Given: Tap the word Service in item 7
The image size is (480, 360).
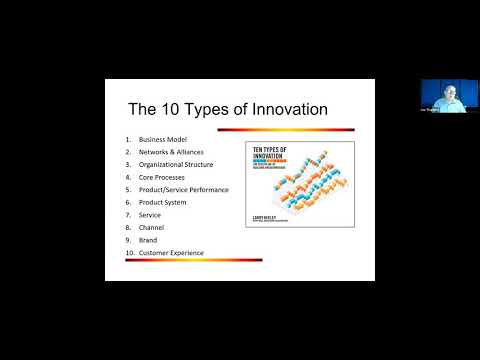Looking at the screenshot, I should pos(150,215).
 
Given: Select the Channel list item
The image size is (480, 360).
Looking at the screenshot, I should pos(152,227).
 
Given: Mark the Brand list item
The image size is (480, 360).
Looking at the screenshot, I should pos(148,240).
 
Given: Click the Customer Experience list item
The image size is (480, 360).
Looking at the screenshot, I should pos(171,253).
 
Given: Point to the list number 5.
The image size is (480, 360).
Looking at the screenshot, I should pos(128,190).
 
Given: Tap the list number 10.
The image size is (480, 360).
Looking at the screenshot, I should pos(129,253).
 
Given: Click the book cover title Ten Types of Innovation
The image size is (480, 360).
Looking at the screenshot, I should pos(265,153).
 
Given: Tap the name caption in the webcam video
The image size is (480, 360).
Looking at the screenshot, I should pos(430,109).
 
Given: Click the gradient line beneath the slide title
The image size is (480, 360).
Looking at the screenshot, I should pos(240,128).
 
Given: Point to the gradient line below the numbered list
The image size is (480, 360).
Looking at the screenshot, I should pos(192,261).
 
